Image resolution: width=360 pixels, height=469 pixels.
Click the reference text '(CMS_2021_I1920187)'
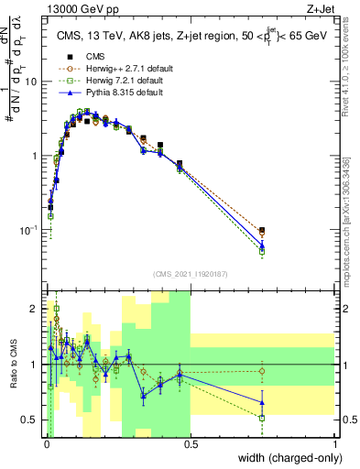[x=191, y=273]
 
